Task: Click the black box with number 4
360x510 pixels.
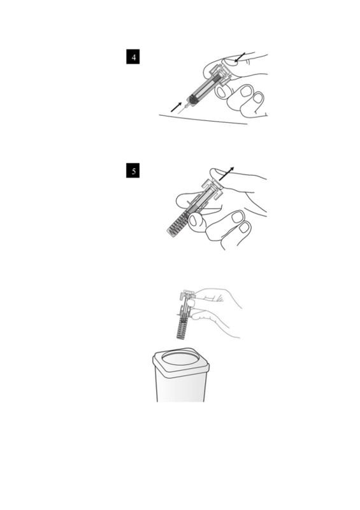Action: pos(133,57)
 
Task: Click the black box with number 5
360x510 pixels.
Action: pos(133,171)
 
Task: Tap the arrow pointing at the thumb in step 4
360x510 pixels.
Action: pos(240,57)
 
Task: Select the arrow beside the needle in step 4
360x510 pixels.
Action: pos(176,107)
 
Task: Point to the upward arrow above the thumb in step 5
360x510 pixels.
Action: pos(226,174)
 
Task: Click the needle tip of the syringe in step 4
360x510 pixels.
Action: pos(178,113)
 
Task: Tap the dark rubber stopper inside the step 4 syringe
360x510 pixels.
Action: pos(192,99)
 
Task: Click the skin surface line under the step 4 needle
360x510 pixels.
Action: pos(203,119)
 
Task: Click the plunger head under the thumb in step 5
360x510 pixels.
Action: pos(212,188)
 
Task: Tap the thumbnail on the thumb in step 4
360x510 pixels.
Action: pos(230,61)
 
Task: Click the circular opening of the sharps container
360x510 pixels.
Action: pos(180,359)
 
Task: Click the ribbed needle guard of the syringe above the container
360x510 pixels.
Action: pos(182,329)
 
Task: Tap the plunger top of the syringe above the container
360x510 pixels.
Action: pos(187,294)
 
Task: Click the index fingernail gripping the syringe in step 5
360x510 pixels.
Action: pos(193,220)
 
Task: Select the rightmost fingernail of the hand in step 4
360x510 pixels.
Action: pos(259,98)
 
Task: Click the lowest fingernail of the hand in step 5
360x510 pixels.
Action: pos(244,227)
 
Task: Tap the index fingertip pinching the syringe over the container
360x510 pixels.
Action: pos(191,304)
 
